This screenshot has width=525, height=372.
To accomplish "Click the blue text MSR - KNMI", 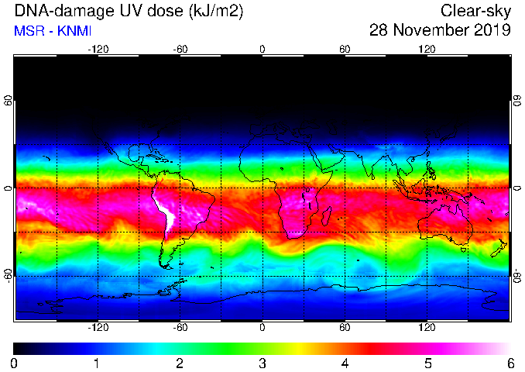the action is point(53,31).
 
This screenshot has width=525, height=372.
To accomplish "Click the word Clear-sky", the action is point(475,11).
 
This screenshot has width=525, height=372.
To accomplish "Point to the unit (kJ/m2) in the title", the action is point(216,12).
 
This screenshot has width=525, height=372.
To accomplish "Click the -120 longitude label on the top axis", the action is point(98,50).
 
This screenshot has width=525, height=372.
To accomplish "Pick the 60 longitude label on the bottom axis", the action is point(345,327).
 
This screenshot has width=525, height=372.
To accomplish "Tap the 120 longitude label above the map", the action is point(427,50).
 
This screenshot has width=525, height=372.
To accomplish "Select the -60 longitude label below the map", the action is point(180,327).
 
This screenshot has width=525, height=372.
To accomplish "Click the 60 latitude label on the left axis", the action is point(8,100).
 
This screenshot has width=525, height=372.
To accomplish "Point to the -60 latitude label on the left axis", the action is point(8,275).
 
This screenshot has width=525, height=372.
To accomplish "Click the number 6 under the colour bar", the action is point(510,363).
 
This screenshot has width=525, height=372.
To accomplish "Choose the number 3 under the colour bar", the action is point(262,363).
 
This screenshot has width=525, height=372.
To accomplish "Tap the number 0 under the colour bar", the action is point(14,363).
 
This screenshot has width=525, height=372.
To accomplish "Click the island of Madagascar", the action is point(327,216).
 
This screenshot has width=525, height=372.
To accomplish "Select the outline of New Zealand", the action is point(499,248).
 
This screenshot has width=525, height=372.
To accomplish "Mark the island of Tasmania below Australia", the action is point(464,250).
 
